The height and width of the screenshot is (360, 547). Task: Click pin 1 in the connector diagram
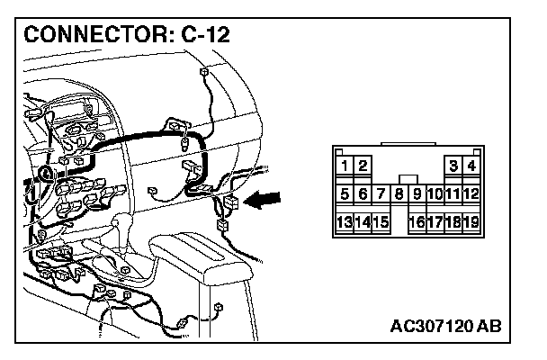point(345,166)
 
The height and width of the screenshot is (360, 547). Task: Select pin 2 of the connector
point(363,166)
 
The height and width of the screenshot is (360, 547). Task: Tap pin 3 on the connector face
point(453,166)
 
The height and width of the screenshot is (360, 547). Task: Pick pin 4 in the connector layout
point(471,166)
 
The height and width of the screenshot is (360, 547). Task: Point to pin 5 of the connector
point(345,193)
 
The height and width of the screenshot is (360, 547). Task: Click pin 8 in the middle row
point(399,193)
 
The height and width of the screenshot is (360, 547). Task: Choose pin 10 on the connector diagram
point(435,193)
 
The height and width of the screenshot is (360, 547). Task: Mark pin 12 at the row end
point(471,193)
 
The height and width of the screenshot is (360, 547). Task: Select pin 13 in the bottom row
point(345,221)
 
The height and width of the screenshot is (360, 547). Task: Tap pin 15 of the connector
point(381,221)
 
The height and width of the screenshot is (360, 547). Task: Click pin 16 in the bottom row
point(417,221)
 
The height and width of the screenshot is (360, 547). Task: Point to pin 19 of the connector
point(471,221)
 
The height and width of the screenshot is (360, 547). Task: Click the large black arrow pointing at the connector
point(265,202)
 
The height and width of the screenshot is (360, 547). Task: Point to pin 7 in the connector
point(381,193)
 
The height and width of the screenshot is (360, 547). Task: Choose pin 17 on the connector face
point(435,221)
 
